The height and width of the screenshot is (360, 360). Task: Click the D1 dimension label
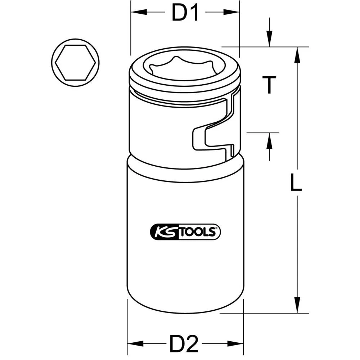pos(185,13)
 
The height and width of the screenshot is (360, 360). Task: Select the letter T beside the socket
pos(269,86)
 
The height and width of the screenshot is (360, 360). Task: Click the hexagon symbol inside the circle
pos(75,63)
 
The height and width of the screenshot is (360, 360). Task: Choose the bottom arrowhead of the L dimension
pos(297,305)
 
